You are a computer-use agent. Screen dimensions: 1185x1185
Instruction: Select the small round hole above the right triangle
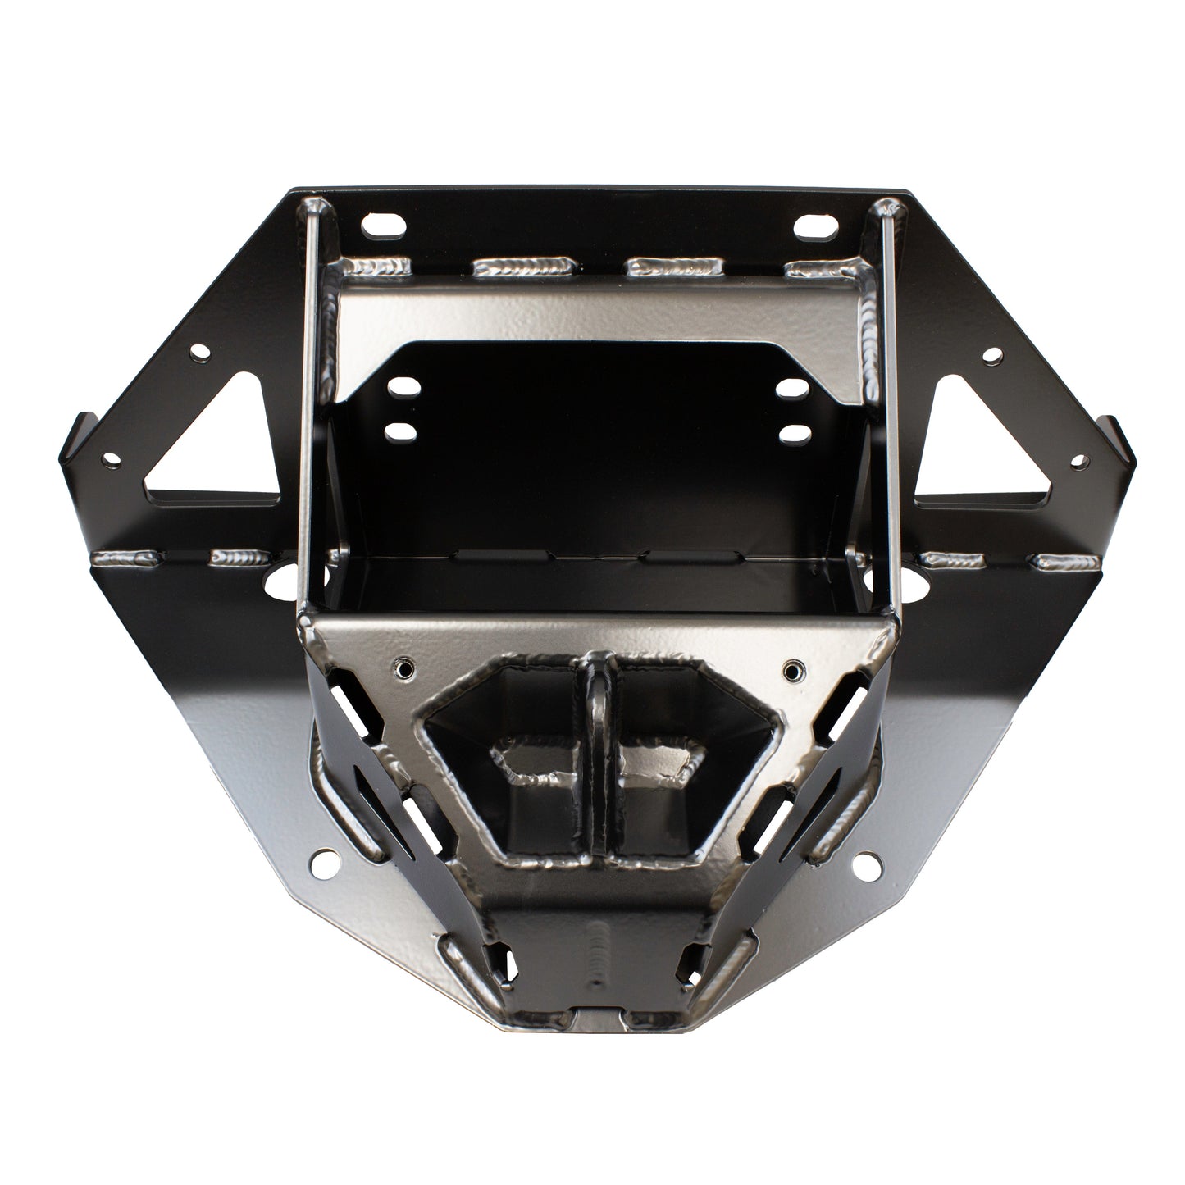tap(991, 355)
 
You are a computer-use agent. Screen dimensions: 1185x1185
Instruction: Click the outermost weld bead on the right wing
tap(1065, 563)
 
